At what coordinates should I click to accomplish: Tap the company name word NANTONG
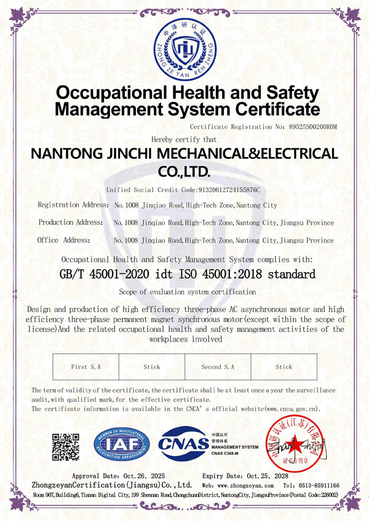click(x=68, y=154)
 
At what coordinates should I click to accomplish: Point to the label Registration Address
click(x=71, y=204)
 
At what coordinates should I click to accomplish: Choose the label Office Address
click(x=64, y=240)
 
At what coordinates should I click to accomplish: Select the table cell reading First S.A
click(x=85, y=367)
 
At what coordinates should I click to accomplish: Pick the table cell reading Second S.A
click(x=218, y=367)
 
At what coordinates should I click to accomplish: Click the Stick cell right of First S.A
click(x=152, y=367)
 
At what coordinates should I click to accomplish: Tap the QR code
click(x=66, y=445)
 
